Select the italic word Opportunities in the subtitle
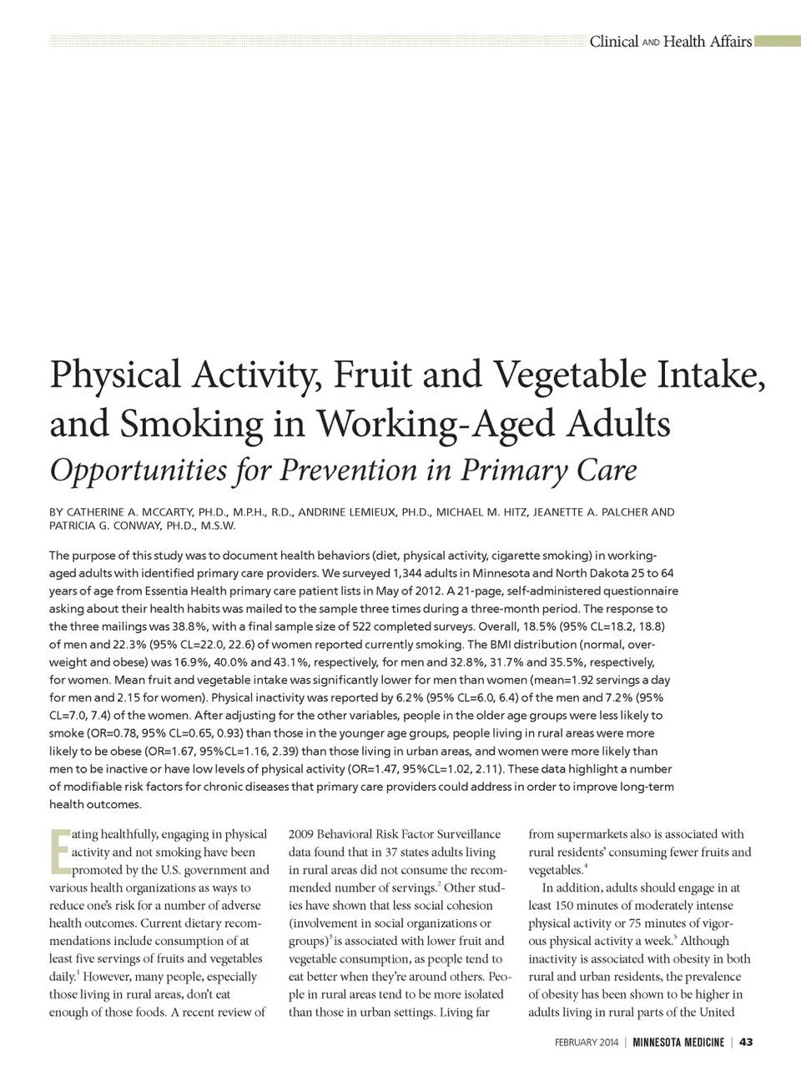click(x=138, y=470)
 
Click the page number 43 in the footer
click(x=747, y=1042)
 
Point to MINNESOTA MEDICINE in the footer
click(x=678, y=1042)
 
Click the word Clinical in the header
click(x=613, y=42)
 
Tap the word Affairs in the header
click(x=731, y=42)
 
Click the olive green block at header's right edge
click(x=778, y=42)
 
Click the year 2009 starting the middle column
click(x=301, y=834)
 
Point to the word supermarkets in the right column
click(x=591, y=834)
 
